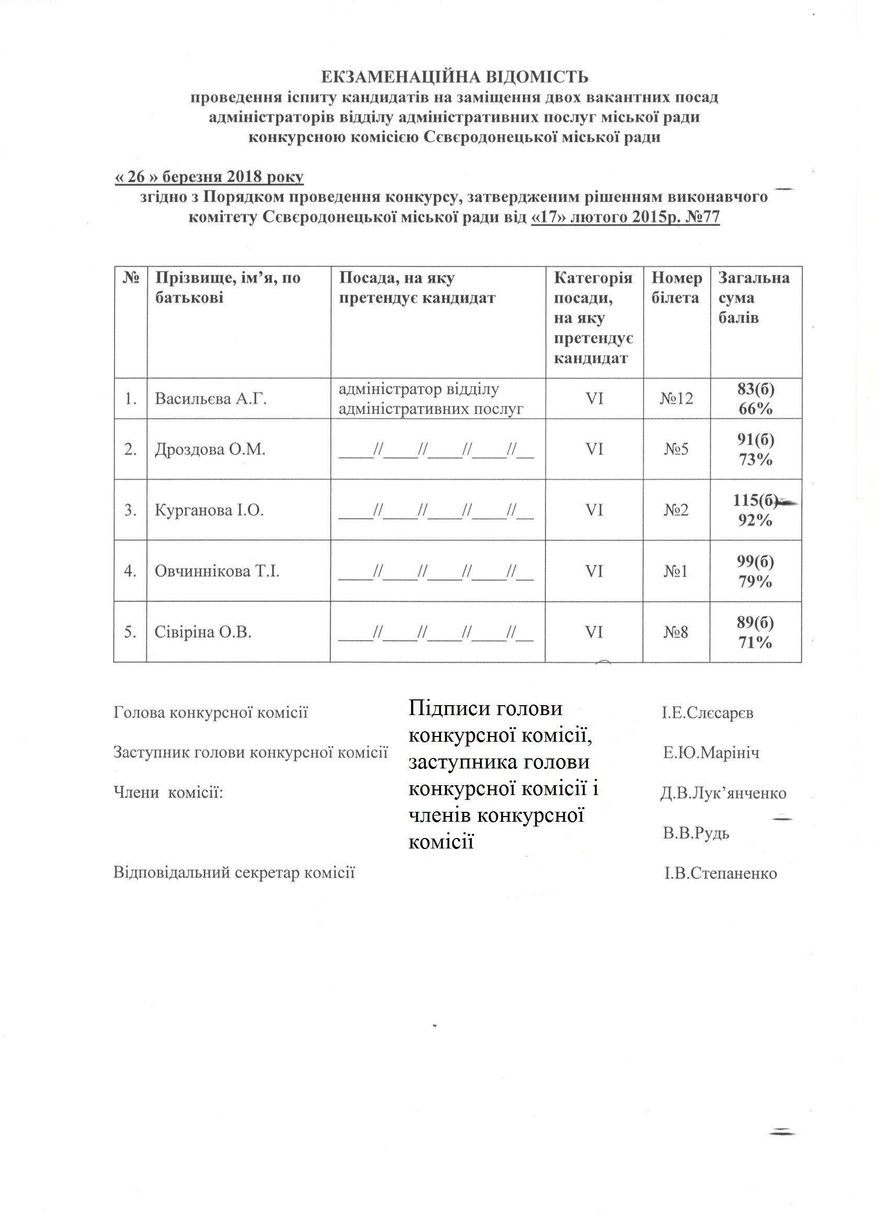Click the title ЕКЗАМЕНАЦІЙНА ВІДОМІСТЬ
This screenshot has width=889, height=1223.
[x=454, y=77]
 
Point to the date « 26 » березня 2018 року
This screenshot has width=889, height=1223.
[x=209, y=177]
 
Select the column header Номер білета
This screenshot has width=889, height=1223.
[x=677, y=287]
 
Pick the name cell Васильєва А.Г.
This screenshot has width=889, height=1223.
[x=211, y=399]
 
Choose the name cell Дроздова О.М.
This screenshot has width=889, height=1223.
[x=210, y=449]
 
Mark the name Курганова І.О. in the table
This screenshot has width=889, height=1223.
[x=209, y=510]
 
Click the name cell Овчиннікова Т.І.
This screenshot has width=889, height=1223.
[x=216, y=571]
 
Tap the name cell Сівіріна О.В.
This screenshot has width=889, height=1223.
[x=203, y=632]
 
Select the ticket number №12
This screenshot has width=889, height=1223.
[x=677, y=399]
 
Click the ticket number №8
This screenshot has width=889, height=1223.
[x=676, y=632]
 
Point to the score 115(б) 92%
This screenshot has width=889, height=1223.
[x=755, y=510]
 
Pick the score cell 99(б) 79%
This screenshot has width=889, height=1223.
[x=755, y=571]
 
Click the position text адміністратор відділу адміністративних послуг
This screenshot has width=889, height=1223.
[x=431, y=399]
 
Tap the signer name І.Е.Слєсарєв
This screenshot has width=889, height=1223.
[x=708, y=713]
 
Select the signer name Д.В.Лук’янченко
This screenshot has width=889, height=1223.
[x=723, y=793]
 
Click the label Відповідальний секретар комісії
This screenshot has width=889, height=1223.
[x=234, y=873]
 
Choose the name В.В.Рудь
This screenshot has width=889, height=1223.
[x=696, y=833]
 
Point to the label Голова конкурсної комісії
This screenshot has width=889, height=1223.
[x=211, y=713]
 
